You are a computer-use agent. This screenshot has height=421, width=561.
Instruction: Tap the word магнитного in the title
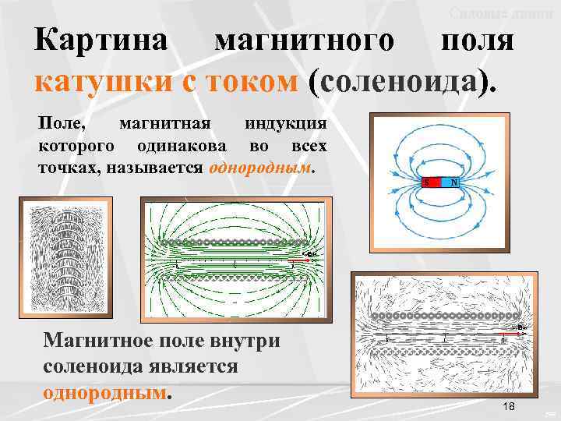(x=304, y=41)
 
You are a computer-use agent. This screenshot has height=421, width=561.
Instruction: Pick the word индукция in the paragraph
(x=286, y=125)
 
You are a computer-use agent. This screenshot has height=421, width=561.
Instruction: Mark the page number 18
(x=510, y=407)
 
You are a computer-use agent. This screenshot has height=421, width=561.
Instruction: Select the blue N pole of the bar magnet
(x=451, y=182)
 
